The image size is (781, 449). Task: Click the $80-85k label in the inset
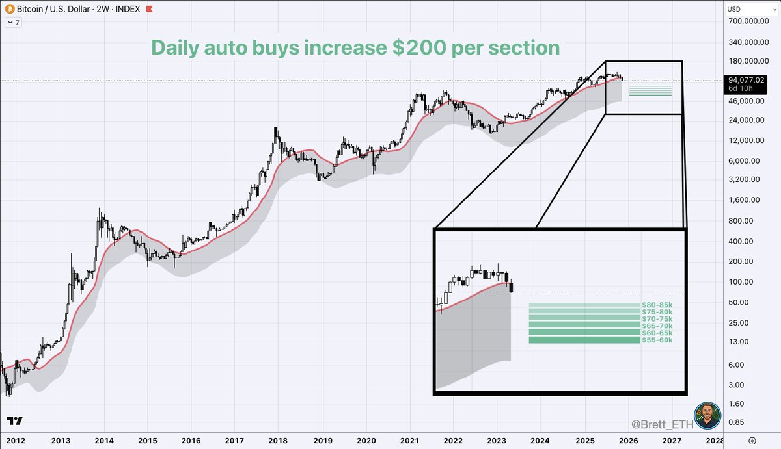coord(657,305)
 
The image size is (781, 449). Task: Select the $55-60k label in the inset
coord(657,340)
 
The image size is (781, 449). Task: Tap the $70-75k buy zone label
coord(657,319)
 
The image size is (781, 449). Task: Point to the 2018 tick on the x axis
coord(278,440)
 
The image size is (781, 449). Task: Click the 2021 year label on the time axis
coord(409,440)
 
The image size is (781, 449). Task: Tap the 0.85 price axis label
coord(742,423)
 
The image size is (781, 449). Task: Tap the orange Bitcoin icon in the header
coord(8,9)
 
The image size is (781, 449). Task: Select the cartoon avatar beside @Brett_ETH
coord(707,415)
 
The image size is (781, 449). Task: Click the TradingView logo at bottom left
coord(15,421)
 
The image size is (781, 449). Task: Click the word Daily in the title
coord(178,47)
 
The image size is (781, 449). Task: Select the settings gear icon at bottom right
coord(752,440)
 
